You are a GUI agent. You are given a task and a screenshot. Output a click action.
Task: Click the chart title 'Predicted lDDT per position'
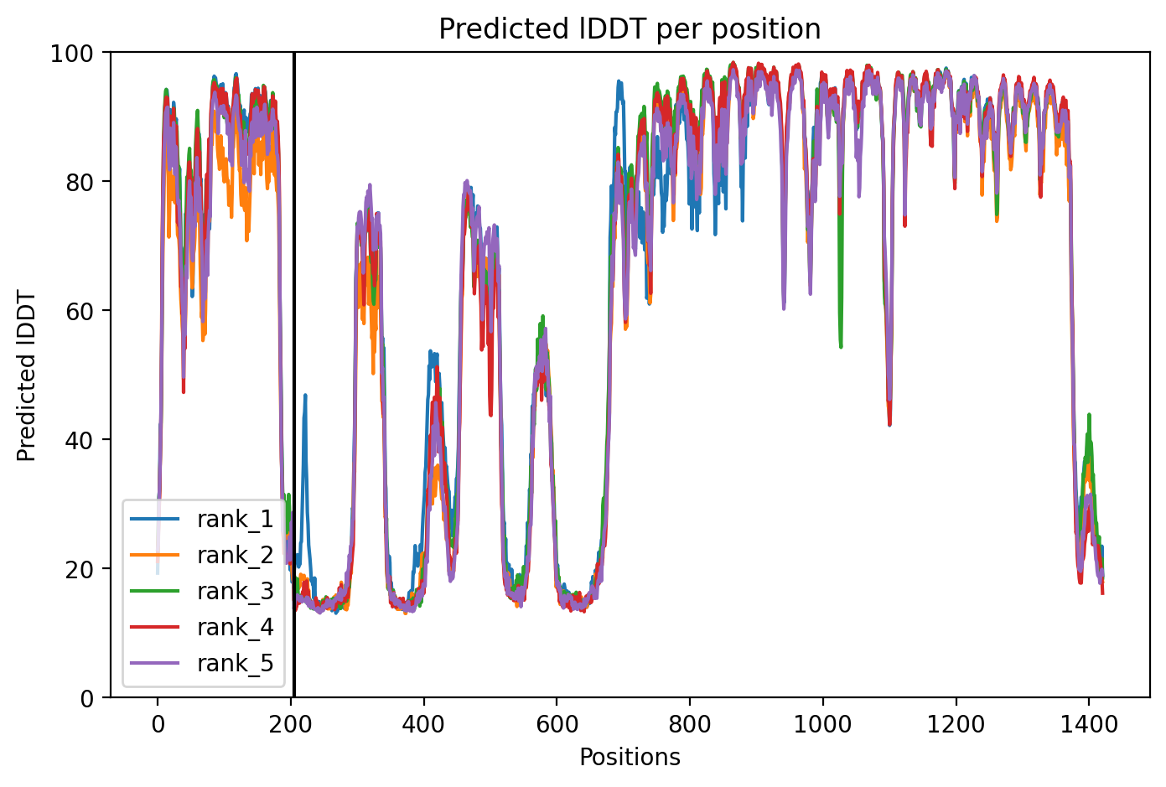pos(630,29)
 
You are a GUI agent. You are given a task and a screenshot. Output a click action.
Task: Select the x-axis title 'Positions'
pos(630,758)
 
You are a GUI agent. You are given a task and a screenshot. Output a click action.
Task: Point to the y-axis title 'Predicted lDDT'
pos(26,375)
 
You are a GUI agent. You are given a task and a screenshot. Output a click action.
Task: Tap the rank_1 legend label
pos(236,519)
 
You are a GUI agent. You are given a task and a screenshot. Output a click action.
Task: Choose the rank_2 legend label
pos(236,555)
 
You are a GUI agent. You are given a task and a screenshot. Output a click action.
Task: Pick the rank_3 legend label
pos(236,591)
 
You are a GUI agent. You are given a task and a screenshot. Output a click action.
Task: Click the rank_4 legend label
pos(236,627)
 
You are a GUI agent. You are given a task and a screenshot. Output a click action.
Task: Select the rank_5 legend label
pos(236,663)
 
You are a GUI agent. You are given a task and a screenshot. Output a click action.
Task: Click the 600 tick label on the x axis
pos(557,724)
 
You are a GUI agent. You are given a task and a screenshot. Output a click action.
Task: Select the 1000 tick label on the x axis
pos(823,724)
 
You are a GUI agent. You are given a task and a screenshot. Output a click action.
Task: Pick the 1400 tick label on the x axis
pos(1089,724)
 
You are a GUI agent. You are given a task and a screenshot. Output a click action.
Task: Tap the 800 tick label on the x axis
pos(690,724)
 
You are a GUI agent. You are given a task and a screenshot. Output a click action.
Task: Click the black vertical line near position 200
pos(294,375)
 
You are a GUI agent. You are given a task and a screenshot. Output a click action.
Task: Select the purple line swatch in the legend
pos(154,663)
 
